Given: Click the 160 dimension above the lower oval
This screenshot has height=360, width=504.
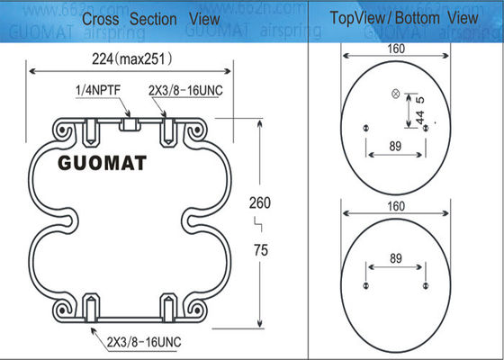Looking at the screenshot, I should click(x=395, y=205).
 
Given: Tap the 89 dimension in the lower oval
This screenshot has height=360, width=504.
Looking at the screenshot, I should click(x=394, y=257).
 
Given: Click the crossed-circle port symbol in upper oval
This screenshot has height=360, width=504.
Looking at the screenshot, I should click(x=393, y=94).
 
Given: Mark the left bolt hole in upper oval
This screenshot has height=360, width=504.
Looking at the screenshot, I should click(x=365, y=128).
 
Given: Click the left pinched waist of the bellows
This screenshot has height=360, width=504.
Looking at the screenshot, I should click(x=65, y=217).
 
